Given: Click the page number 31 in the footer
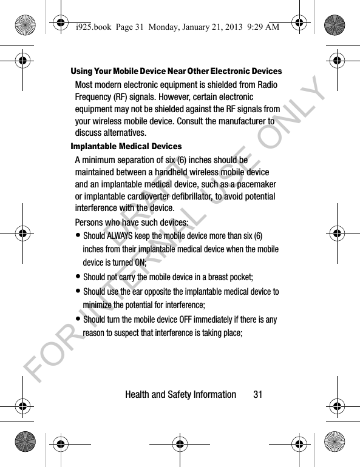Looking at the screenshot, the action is (258, 394).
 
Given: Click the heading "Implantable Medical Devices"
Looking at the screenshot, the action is (126, 146).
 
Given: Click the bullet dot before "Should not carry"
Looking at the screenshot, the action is (78, 277).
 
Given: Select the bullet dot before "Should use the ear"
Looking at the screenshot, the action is (78, 292).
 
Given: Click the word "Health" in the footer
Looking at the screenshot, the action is (139, 394).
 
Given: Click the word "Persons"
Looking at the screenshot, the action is (90, 221).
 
